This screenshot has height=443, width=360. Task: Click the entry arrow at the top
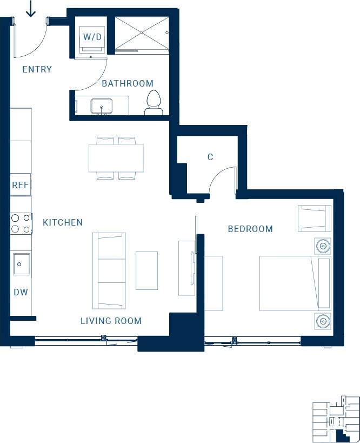31,9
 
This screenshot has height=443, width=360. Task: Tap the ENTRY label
37,69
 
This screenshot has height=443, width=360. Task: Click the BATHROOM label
128,83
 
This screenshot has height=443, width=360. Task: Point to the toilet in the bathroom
154,103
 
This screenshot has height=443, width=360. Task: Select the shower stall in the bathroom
142,34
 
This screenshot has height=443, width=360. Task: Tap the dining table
116,157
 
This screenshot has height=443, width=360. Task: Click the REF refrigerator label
21,185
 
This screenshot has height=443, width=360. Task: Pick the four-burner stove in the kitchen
21,223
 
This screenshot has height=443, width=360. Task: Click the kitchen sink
21,265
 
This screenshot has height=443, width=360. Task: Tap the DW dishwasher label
21,292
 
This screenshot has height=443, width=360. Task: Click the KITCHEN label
63,222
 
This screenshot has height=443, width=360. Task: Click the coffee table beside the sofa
146,270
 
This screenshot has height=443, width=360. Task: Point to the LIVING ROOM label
111,321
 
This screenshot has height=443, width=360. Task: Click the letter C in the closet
210,157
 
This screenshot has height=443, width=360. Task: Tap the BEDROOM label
250,229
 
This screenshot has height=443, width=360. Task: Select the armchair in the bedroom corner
314,219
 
